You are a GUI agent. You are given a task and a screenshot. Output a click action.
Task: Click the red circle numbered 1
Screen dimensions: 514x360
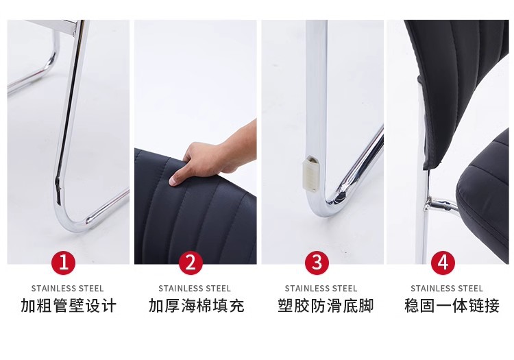(x=64, y=263)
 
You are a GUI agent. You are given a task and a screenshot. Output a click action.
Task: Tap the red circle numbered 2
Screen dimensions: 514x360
(x=191, y=263)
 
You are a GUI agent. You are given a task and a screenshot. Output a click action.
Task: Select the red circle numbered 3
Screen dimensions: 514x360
(x=317, y=263)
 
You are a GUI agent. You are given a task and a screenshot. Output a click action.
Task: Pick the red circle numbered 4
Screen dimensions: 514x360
(x=443, y=263)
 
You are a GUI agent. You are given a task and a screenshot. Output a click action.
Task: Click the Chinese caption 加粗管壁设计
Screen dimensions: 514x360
(x=69, y=306)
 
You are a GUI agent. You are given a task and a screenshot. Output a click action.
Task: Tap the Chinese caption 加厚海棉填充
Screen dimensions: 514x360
(x=197, y=306)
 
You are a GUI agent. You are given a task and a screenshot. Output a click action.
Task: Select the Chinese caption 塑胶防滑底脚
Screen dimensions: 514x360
(x=326, y=306)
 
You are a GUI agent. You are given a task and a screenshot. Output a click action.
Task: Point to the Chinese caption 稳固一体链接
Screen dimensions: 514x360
(x=452, y=306)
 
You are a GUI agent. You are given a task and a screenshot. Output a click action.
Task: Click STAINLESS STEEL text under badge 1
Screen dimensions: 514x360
(x=68, y=289)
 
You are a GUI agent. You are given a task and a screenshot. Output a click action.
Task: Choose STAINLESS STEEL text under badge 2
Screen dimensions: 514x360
(x=195, y=289)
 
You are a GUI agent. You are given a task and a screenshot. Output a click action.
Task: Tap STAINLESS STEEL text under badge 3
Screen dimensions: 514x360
(x=321, y=289)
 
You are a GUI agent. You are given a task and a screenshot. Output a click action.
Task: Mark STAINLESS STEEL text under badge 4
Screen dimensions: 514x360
(x=447, y=289)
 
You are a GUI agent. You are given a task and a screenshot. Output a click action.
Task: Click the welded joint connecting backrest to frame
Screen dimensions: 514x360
(x=428, y=204)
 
